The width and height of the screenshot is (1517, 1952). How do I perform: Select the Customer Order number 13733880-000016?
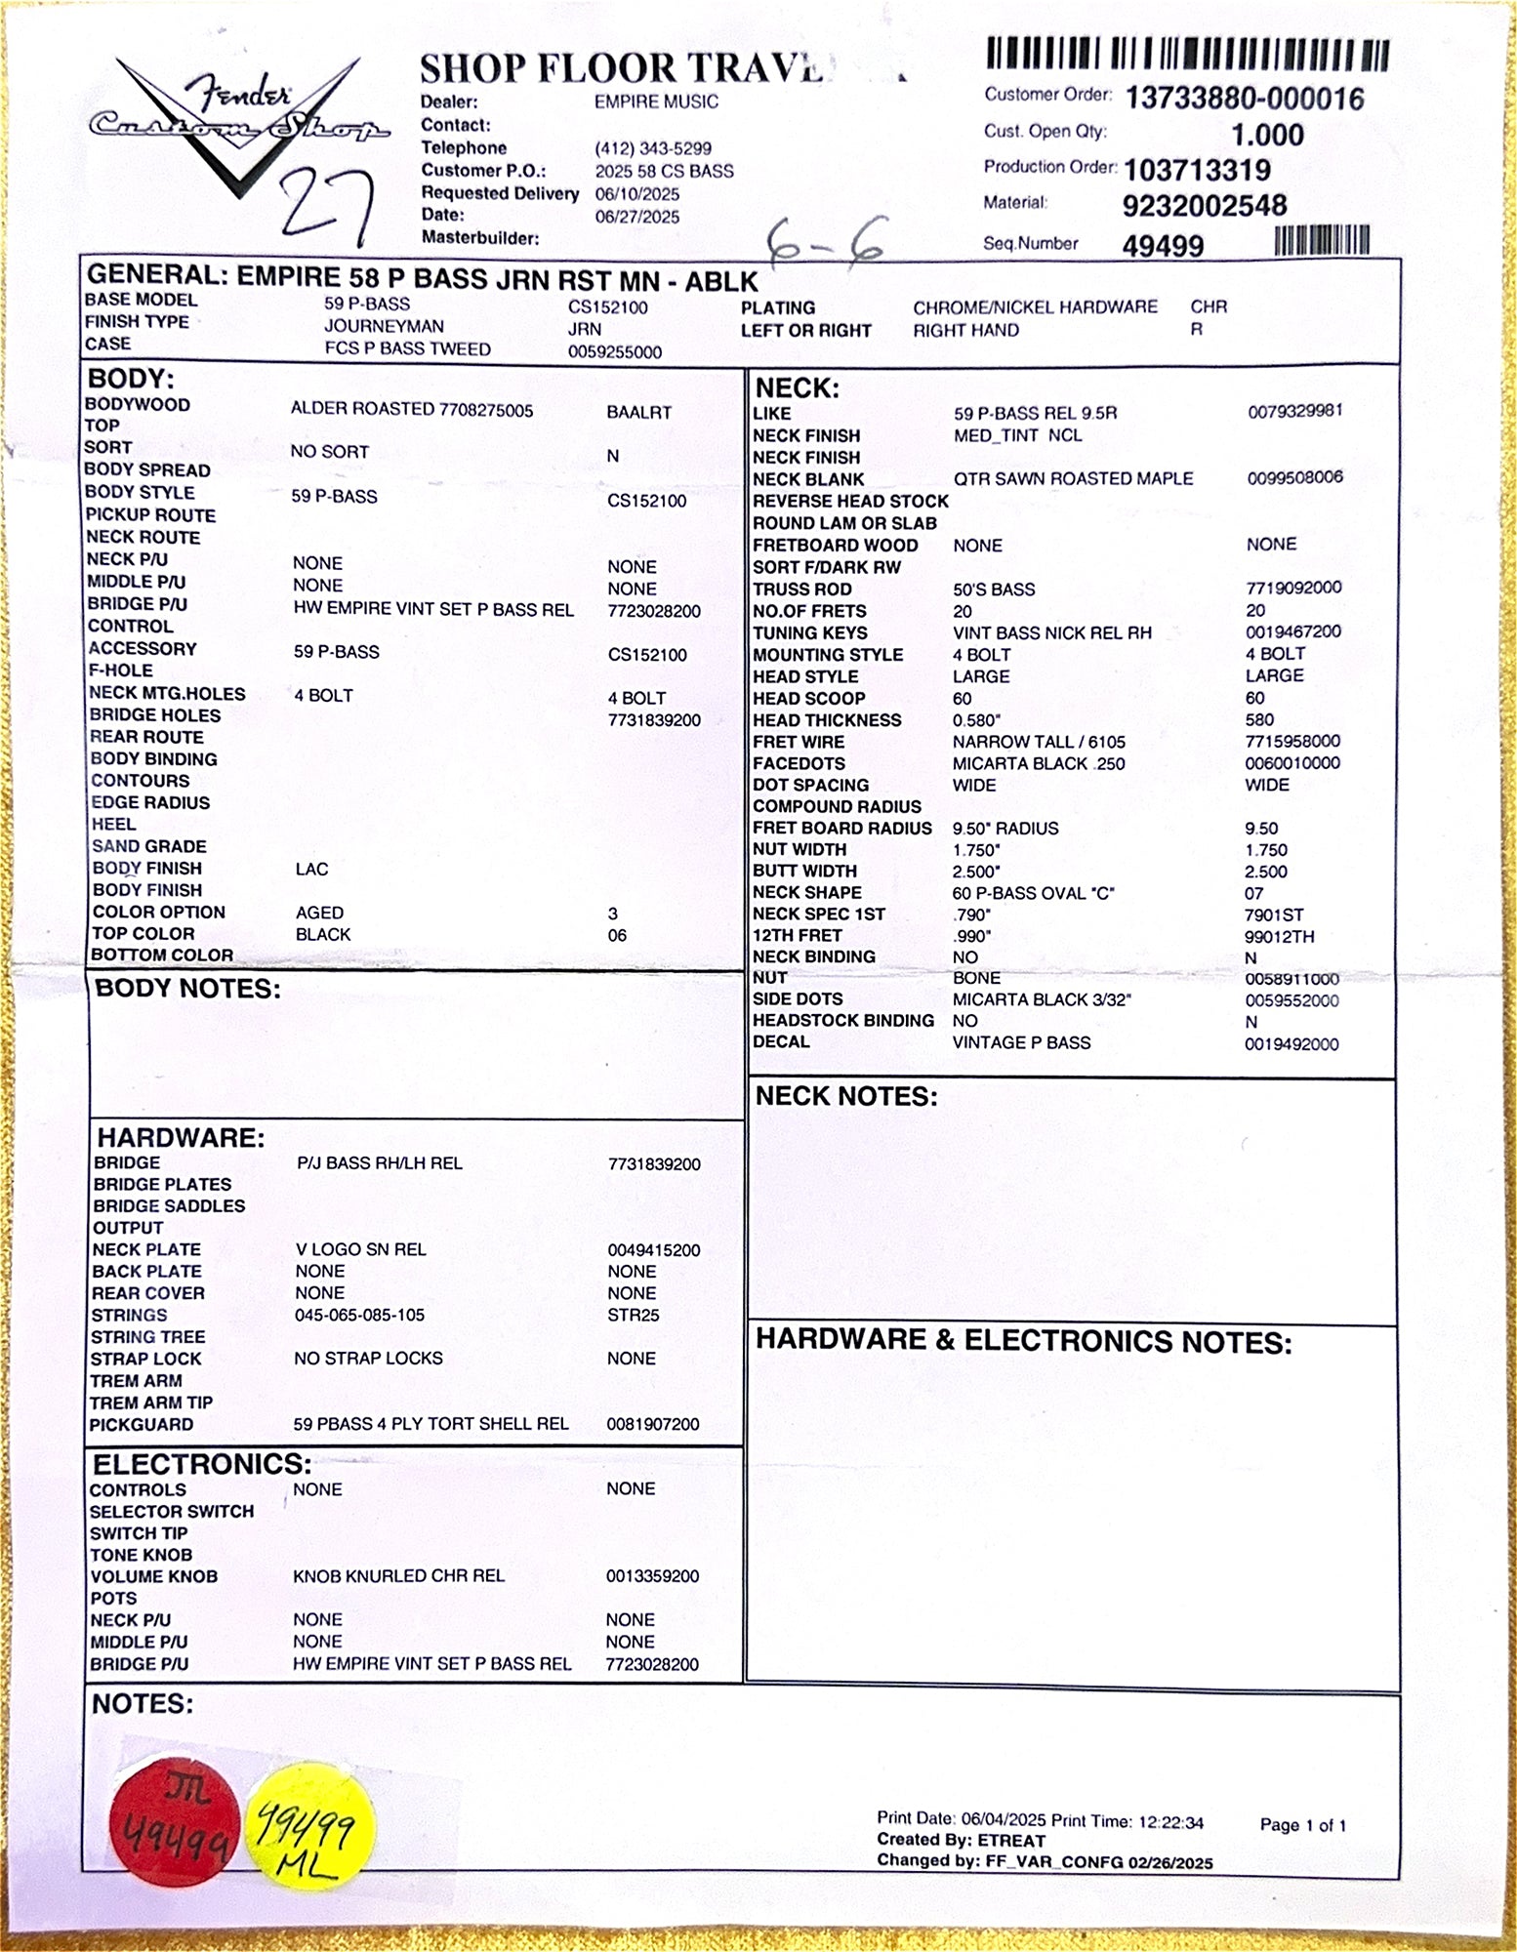pos(1245,99)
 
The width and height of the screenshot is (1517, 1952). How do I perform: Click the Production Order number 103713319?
pos(1197,171)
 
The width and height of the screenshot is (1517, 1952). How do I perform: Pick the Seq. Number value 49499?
pos(1163,246)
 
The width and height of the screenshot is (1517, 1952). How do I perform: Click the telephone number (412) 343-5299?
pos(653,148)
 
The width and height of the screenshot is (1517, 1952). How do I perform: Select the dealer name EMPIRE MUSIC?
pos(656,102)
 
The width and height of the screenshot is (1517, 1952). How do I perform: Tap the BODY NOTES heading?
pos(187,989)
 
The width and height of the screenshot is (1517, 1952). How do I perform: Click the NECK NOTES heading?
pos(846,1096)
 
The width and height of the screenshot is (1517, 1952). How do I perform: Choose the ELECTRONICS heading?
pos(202,1464)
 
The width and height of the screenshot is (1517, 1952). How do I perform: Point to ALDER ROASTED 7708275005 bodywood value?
pos(412,410)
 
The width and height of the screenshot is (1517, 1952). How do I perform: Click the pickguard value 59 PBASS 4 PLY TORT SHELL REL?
pos(430,1424)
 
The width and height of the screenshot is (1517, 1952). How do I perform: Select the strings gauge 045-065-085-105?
pos(359,1315)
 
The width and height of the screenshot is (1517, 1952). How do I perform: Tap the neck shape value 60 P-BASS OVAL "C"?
pos(1033,893)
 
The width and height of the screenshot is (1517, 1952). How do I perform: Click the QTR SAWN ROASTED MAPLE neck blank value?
pos(1073,478)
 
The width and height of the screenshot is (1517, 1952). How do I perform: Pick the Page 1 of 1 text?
pos(1302,1825)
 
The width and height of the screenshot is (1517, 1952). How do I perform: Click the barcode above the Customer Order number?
pos(1187,54)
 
